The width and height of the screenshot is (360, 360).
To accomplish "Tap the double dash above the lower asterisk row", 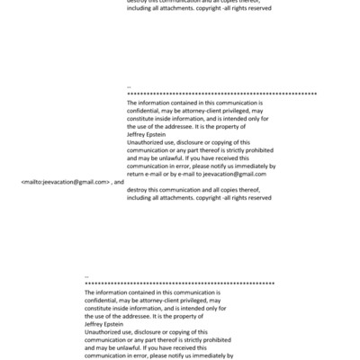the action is pyautogui.click(x=86, y=276).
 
